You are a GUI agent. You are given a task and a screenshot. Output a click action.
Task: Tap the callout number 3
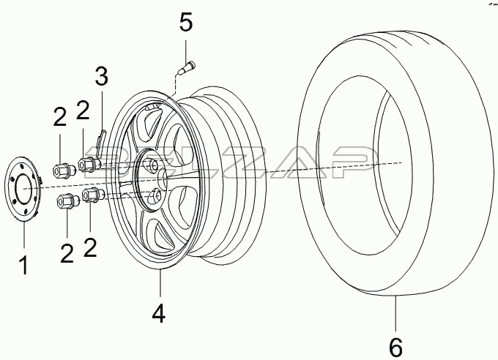(x=102, y=76)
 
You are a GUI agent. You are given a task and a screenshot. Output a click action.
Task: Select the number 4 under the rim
(x=159, y=313)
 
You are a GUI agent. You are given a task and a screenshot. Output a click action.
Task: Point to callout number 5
(x=186, y=21)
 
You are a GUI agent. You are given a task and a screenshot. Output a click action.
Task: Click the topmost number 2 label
(x=83, y=110)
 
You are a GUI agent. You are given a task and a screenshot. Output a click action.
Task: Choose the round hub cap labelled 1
(x=23, y=189)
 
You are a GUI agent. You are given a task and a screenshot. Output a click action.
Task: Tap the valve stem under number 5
(x=187, y=68)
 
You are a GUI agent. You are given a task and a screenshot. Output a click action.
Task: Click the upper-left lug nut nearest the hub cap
(x=63, y=170)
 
